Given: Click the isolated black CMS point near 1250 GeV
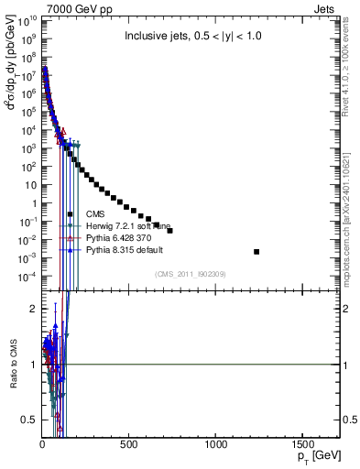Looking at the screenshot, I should [256, 251].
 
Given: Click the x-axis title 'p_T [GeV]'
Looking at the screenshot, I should [315, 455].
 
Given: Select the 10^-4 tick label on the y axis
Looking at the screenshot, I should [26, 276].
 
